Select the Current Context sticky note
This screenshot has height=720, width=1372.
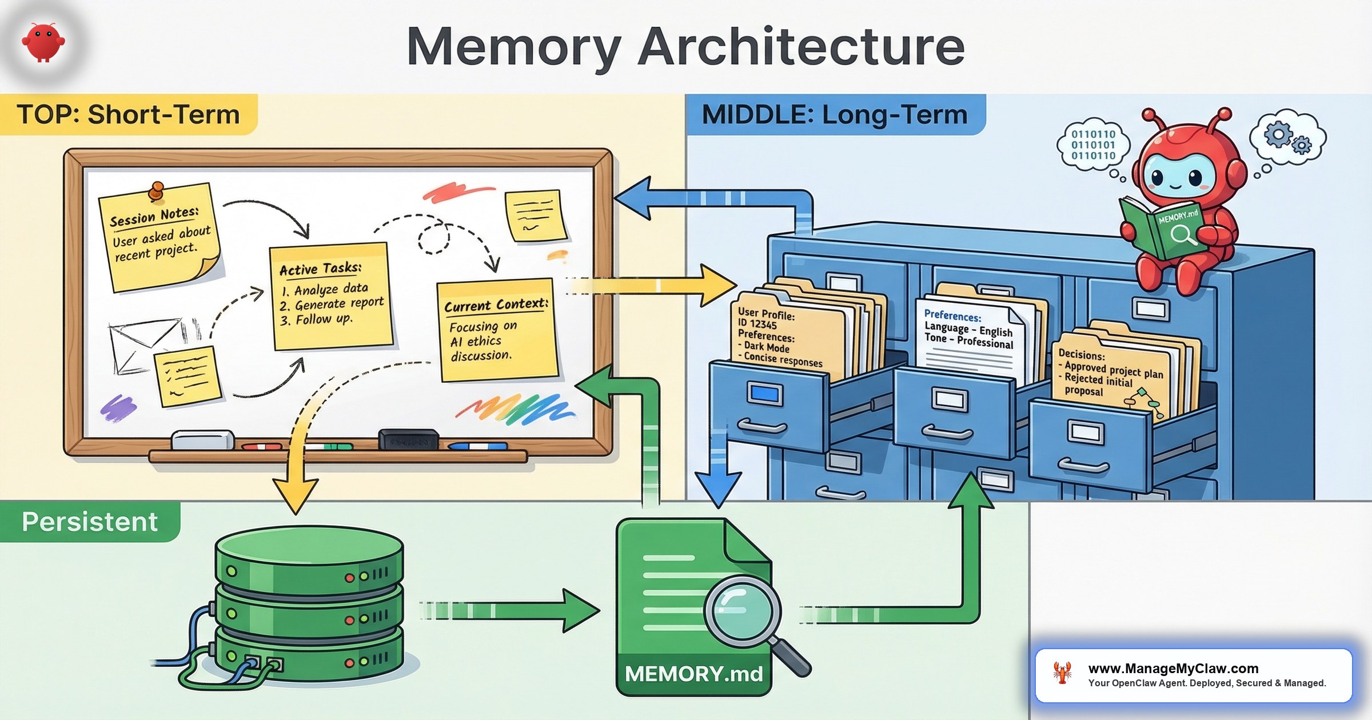point(496,330)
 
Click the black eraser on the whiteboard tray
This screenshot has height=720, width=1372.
point(408,440)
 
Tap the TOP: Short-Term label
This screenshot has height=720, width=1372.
point(128,114)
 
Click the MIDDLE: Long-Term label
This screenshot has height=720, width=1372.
point(835,114)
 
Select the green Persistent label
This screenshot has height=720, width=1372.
point(90,522)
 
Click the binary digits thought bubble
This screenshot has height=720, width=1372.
point(1093,145)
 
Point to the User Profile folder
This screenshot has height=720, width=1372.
point(783,337)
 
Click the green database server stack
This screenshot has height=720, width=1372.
point(309,606)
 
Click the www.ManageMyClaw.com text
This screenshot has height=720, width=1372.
point(1173,669)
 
